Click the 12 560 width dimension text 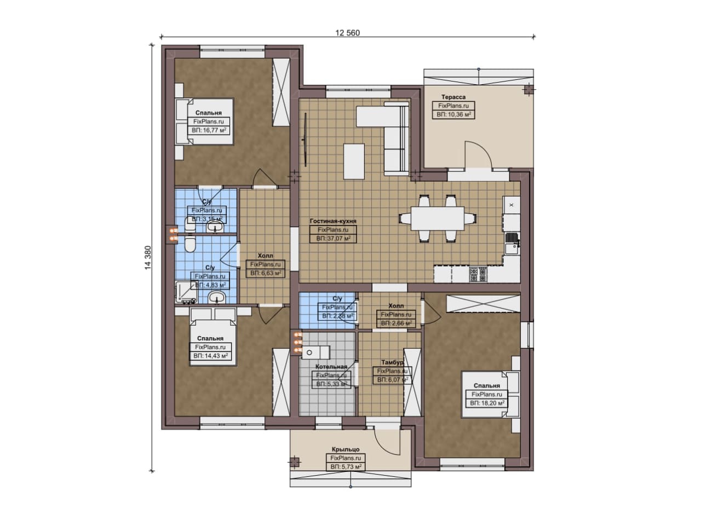pyautogui.click(x=347, y=33)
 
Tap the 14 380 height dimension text pyautogui.click(x=148, y=257)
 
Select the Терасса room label pyautogui.click(x=453, y=97)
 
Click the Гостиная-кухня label pyautogui.click(x=333, y=221)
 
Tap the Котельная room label pyautogui.click(x=331, y=367)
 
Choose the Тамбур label pyautogui.click(x=392, y=362)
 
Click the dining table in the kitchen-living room pyautogui.click(x=438, y=218)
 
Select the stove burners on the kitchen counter pyautogui.click(x=478, y=274)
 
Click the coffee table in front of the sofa pyautogui.click(x=354, y=161)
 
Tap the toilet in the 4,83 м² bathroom pyautogui.click(x=189, y=244)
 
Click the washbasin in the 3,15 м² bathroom pyautogui.click(x=215, y=227)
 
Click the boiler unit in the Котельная pyautogui.click(x=315, y=353)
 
